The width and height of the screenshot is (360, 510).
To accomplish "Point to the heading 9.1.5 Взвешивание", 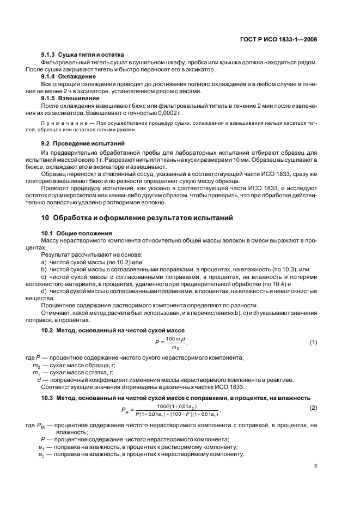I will (70, 98).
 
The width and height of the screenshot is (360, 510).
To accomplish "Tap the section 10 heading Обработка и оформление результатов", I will (137, 218).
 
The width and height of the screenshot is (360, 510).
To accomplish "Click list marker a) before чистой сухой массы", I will (45, 262).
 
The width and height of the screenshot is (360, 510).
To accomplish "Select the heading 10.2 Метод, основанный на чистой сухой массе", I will (113, 330).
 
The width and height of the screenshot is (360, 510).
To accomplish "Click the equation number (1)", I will (313, 342).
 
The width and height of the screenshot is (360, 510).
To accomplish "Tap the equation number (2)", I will (313, 408).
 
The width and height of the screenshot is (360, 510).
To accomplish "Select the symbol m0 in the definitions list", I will (36, 365).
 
